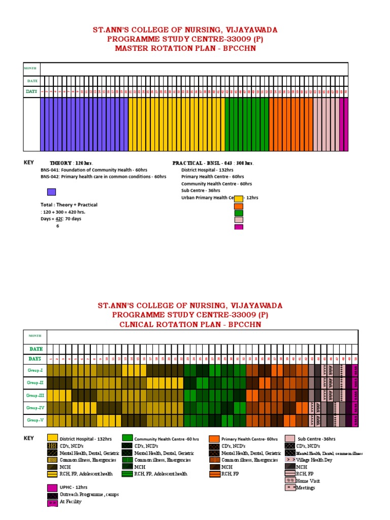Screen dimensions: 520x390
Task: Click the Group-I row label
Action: pyautogui.click(x=35, y=370)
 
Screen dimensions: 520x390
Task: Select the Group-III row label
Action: pyautogui.click(x=35, y=395)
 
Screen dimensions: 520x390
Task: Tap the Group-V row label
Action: pyautogui.click(x=35, y=420)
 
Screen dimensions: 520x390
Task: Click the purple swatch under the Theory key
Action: pyautogui.click(x=51, y=192)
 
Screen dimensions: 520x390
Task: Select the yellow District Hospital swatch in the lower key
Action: pyautogui.click(x=52, y=438)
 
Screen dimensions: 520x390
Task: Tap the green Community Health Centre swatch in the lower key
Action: pyautogui.click(x=127, y=438)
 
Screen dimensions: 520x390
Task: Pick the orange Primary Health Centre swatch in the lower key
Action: pyautogui.click(x=214, y=438)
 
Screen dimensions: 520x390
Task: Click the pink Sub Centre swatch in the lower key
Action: pyautogui.click(x=290, y=438)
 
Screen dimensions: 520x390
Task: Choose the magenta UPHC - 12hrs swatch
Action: pyautogui.click(x=52, y=487)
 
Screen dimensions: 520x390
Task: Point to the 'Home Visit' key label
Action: pyautogui.click(x=308, y=480)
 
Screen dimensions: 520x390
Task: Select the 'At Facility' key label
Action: pyautogui.click(x=71, y=502)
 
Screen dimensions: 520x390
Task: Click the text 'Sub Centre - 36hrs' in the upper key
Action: pyautogui.click(x=201, y=191)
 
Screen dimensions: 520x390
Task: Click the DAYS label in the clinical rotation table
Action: pyautogui.click(x=36, y=359)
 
